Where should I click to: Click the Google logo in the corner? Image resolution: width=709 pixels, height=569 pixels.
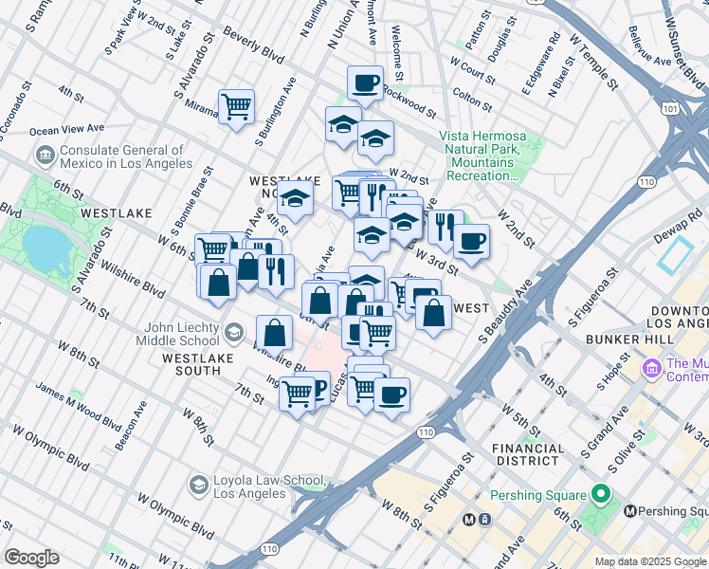[x=31, y=558]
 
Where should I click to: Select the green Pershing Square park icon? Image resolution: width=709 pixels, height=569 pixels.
[x=599, y=495]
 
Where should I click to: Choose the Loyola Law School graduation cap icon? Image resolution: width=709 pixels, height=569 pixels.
[x=198, y=486]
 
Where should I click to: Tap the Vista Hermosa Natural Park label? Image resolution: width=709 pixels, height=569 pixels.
[x=481, y=156]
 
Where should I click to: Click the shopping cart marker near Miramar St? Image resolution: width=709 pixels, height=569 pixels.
[x=235, y=104]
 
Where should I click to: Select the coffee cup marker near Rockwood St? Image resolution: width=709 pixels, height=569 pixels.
[x=364, y=82]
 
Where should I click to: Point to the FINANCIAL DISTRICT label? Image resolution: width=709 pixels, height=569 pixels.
[x=536, y=453]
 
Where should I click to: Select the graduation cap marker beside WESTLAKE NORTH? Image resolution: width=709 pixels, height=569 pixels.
[x=295, y=199]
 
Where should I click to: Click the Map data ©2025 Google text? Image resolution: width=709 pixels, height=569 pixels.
[x=650, y=561]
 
